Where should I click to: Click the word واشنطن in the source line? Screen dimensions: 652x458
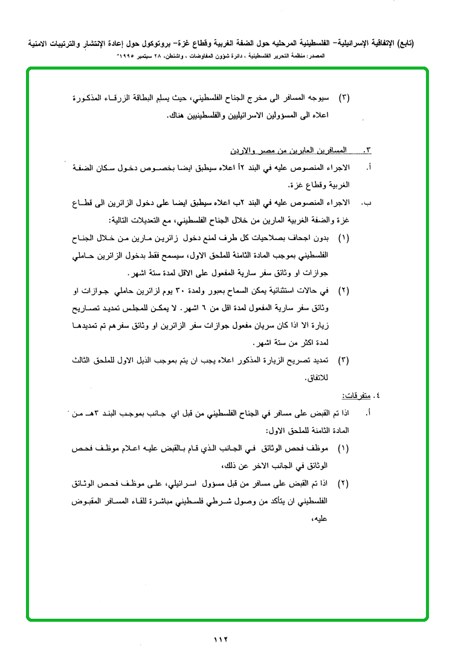coord(192,55)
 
